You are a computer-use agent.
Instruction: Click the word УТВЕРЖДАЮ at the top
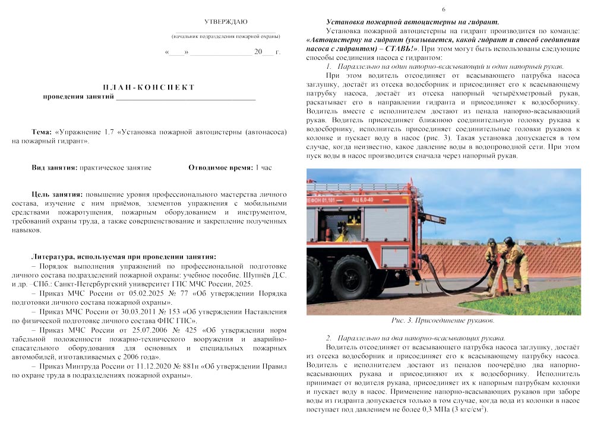point(226,22)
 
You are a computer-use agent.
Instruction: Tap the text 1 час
point(263,168)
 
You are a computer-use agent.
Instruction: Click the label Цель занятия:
point(57,195)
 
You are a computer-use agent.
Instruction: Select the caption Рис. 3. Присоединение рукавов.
point(443,321)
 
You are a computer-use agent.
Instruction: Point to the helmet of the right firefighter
point(508,240)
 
